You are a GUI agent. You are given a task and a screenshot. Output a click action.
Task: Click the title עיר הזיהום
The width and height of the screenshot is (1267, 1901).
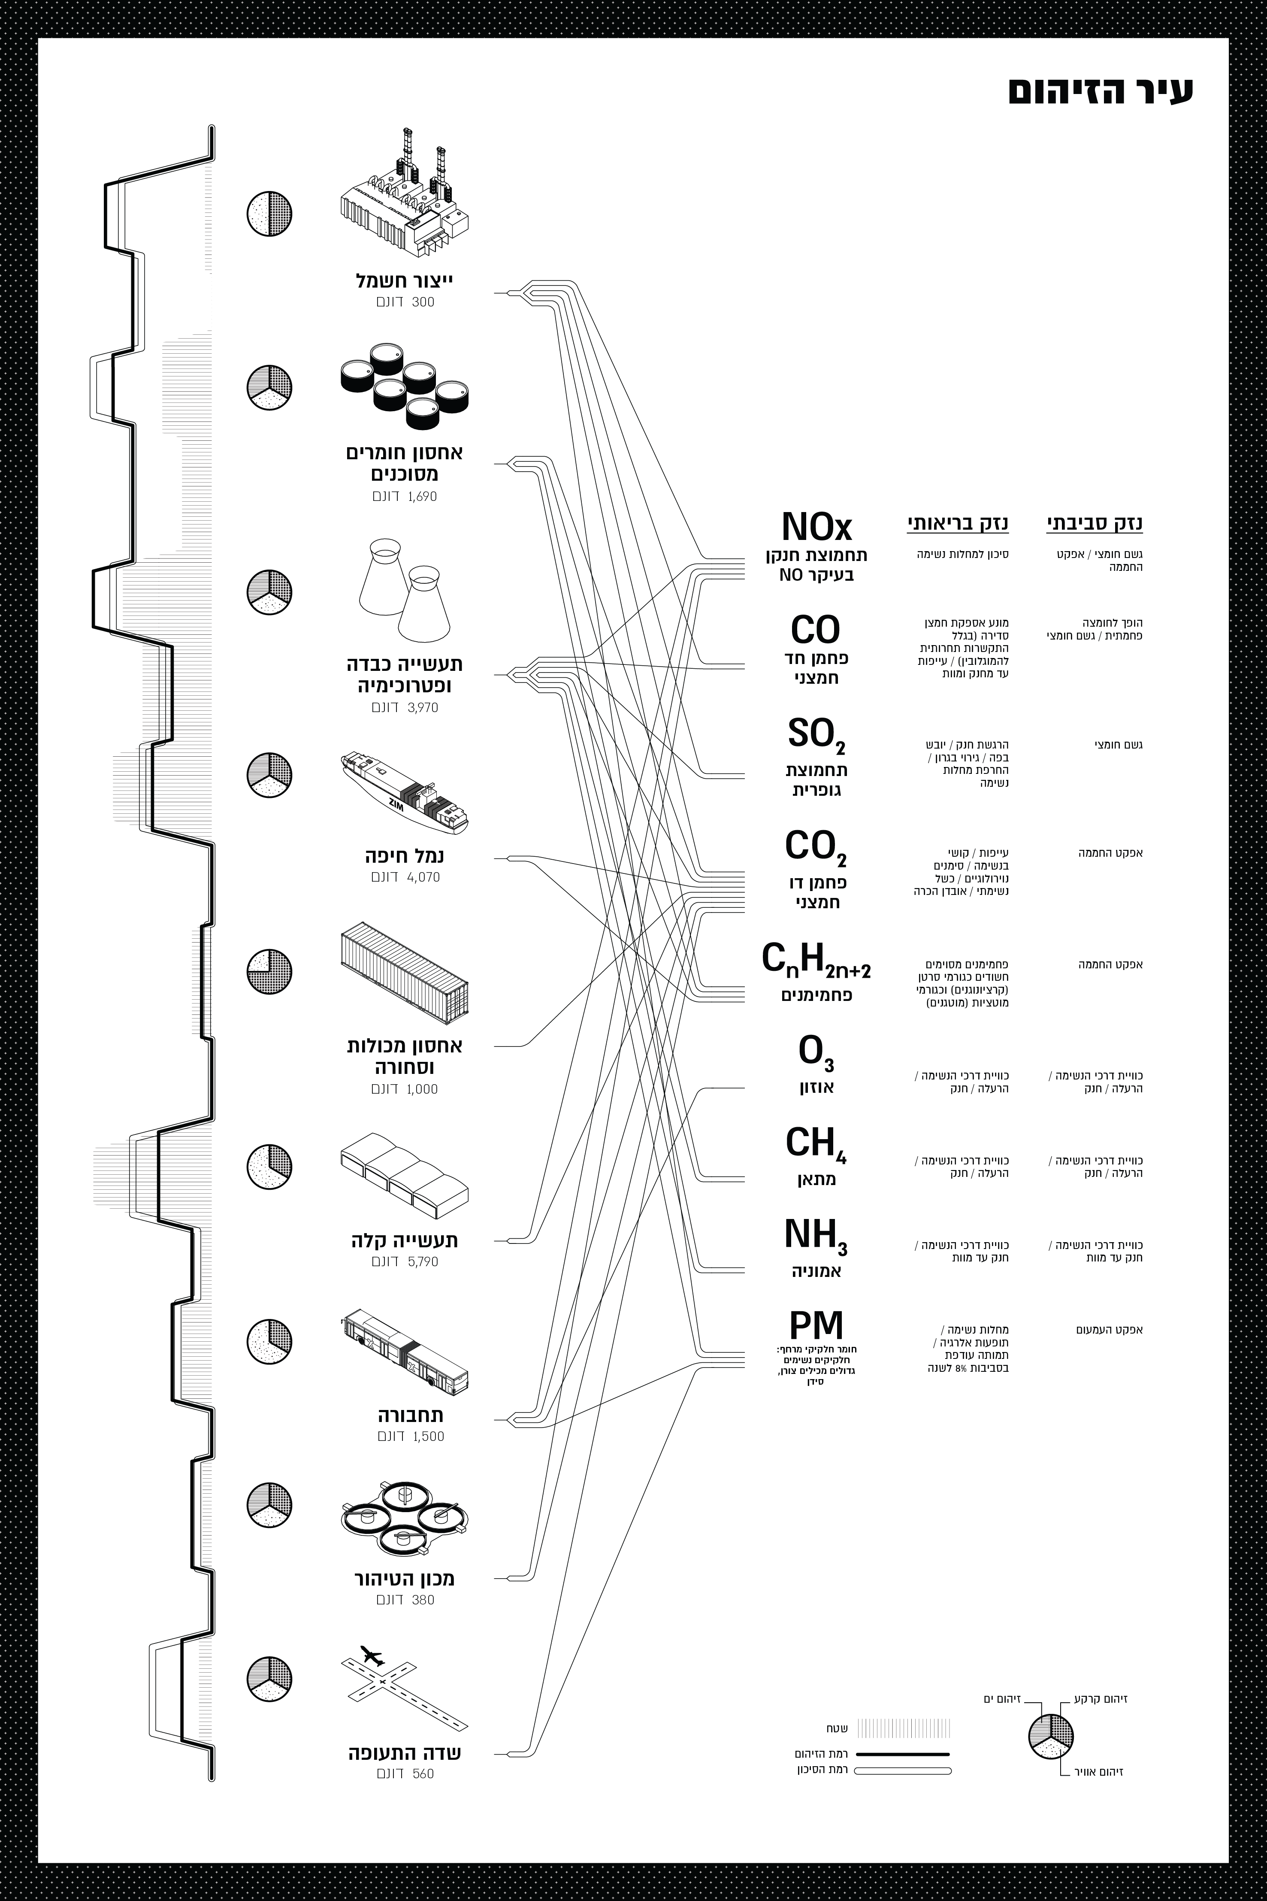pos(1101,91)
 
